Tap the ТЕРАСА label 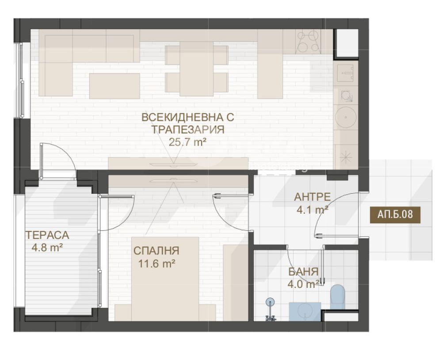[x=47, y=235]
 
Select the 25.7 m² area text [x=187, y=142]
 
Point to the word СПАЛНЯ [x=156, y=250]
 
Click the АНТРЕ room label [x=312, y=197]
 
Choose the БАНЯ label [x=303, y=272]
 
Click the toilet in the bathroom [x=338, y=296]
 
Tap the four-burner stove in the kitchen [x=308, y=42]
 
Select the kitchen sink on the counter [x=345, y=73]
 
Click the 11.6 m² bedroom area [x=157, y=264]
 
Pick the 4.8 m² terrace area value [x=47, y=248]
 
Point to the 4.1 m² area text [x=312, y=210]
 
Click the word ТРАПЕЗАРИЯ [x=188, y=130]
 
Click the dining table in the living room [x=196, y=69]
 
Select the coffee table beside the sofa [x=115, y=86]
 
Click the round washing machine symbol [x=346, y=117]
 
